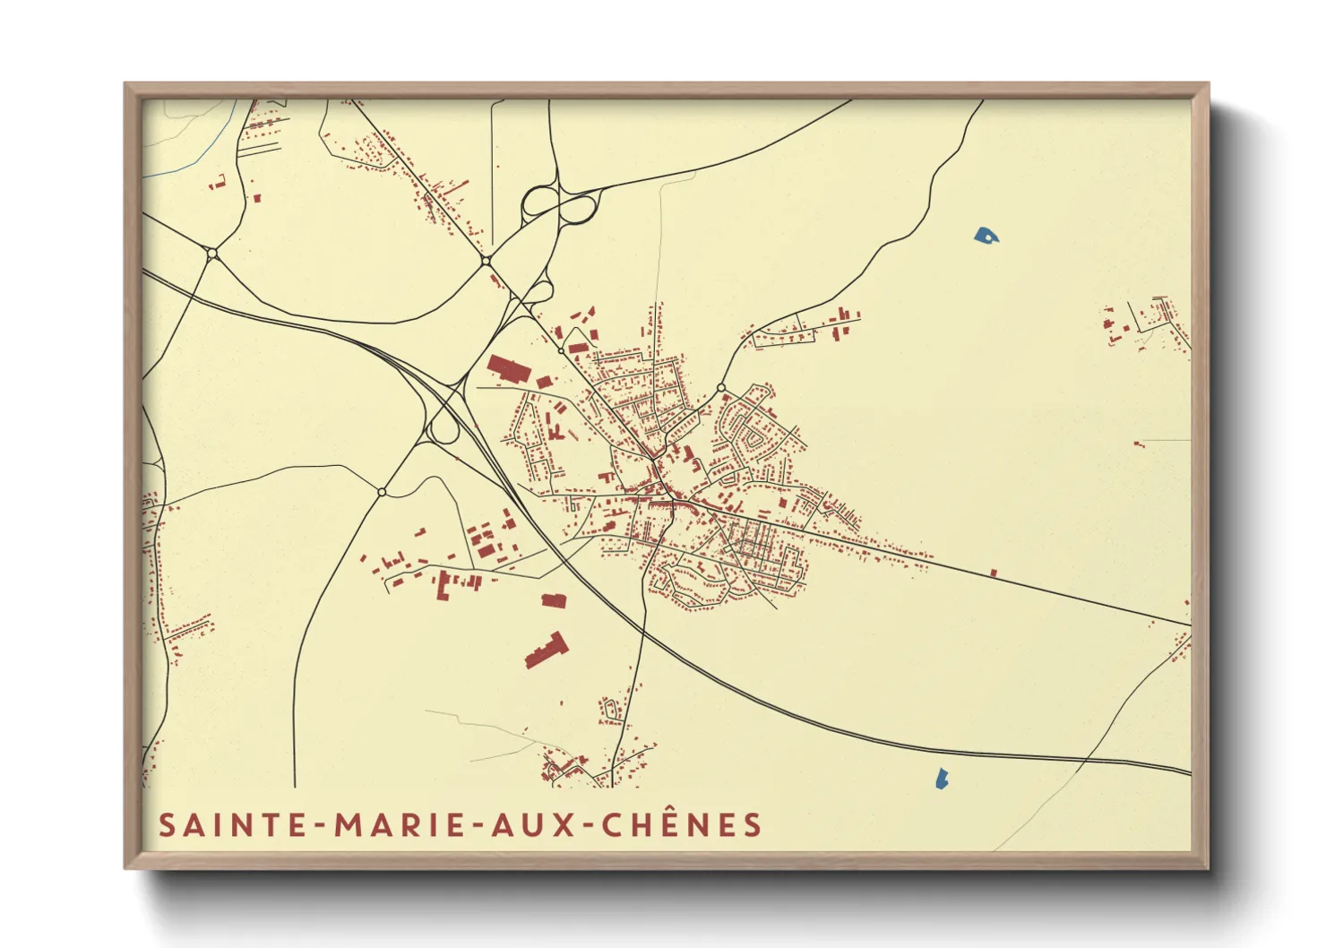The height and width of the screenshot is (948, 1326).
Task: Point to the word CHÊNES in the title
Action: tap(681, 824)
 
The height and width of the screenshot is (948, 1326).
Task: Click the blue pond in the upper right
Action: tap(986, 236)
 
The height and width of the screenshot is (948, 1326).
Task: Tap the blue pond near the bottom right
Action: tap(941, 778)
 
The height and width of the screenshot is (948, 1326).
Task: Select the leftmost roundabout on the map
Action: tap(212, 254)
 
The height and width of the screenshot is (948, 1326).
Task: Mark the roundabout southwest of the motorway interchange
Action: tap(382, 492)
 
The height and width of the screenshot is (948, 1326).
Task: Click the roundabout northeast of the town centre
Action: tap(721, 388)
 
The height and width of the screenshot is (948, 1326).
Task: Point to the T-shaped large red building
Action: tap(546, 650)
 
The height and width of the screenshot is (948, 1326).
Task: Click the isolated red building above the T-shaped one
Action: tap(554, 600)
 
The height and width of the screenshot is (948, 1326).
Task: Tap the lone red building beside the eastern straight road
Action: tap(993, 573)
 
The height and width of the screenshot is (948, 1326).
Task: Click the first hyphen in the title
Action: tap(319, 826)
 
